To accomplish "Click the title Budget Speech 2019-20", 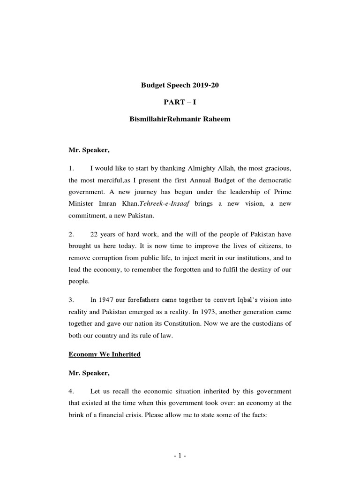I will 180,85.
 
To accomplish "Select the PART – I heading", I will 180,102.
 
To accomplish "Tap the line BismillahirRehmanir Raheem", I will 180,120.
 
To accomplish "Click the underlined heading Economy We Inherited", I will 104,354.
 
